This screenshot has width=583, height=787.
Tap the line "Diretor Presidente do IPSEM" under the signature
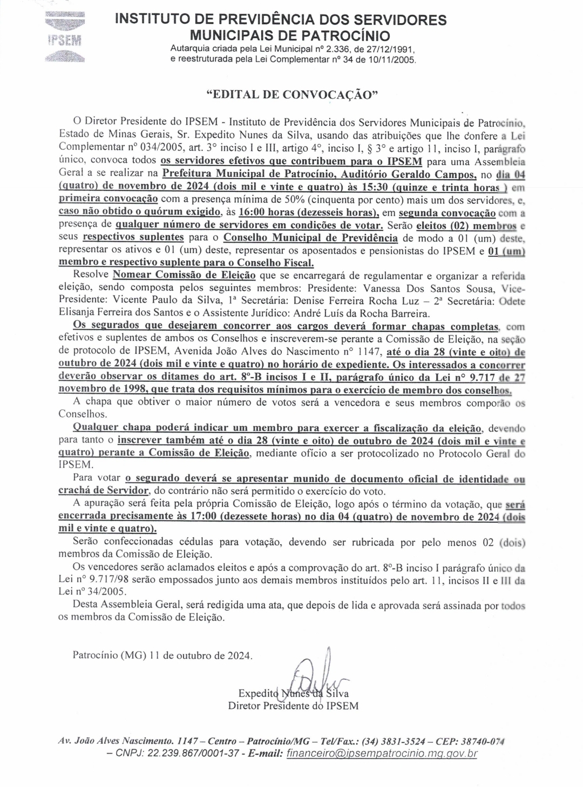(x=293, y=706)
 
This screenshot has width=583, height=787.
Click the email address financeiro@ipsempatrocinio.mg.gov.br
(x=382, y=754)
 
